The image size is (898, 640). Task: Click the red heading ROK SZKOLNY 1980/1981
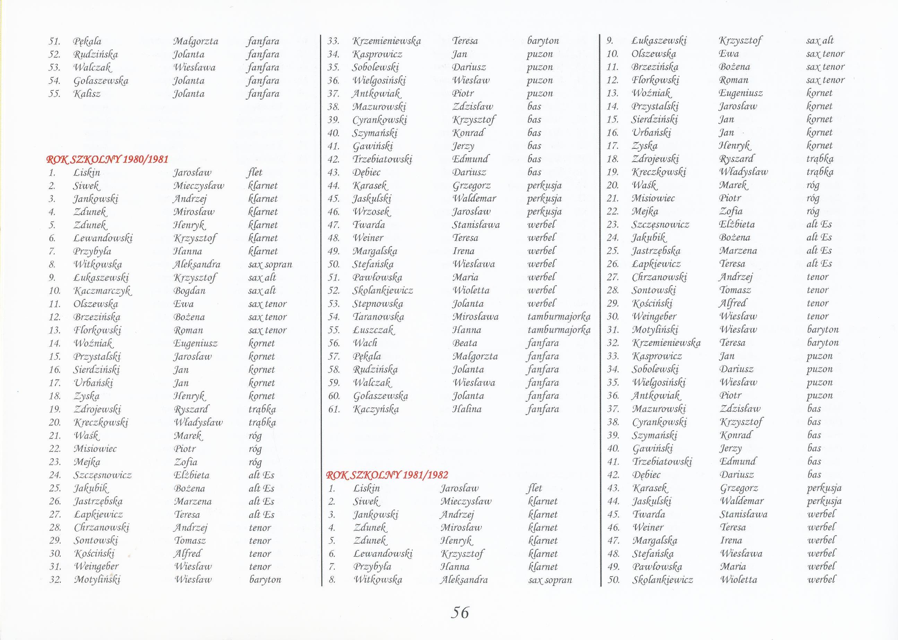[107, 159]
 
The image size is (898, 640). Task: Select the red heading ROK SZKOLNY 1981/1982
[387, 475]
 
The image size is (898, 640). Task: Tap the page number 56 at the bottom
[459, 612]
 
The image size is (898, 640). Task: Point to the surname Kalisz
[87, 94]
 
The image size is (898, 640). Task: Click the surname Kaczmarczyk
[102, 291]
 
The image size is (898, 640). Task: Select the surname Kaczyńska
[376, 409]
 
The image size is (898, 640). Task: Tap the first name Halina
[467, 409]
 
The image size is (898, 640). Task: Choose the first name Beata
[465, 343]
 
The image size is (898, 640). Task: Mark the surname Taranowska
[379, 317]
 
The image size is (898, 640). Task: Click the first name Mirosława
[475, 317]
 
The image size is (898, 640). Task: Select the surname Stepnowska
[378, 304]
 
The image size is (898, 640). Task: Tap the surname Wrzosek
[372, 211]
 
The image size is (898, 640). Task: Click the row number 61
[334, 409]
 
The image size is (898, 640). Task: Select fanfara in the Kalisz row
[263, 94]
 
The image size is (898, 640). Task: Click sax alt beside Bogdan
[262, 291]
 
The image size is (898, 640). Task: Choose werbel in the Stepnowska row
[542, 304]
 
